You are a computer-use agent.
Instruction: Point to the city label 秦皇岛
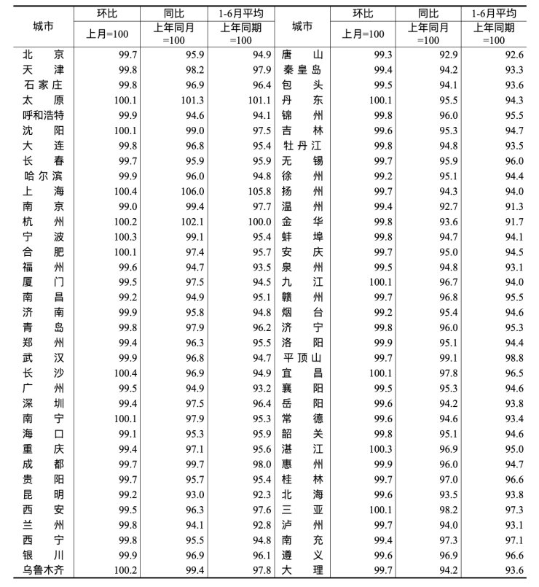pos(302,70)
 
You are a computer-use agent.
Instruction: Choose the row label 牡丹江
pos(302,145)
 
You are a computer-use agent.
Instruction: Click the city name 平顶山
pos(302,357)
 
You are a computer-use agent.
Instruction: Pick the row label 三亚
pos(302,509)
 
